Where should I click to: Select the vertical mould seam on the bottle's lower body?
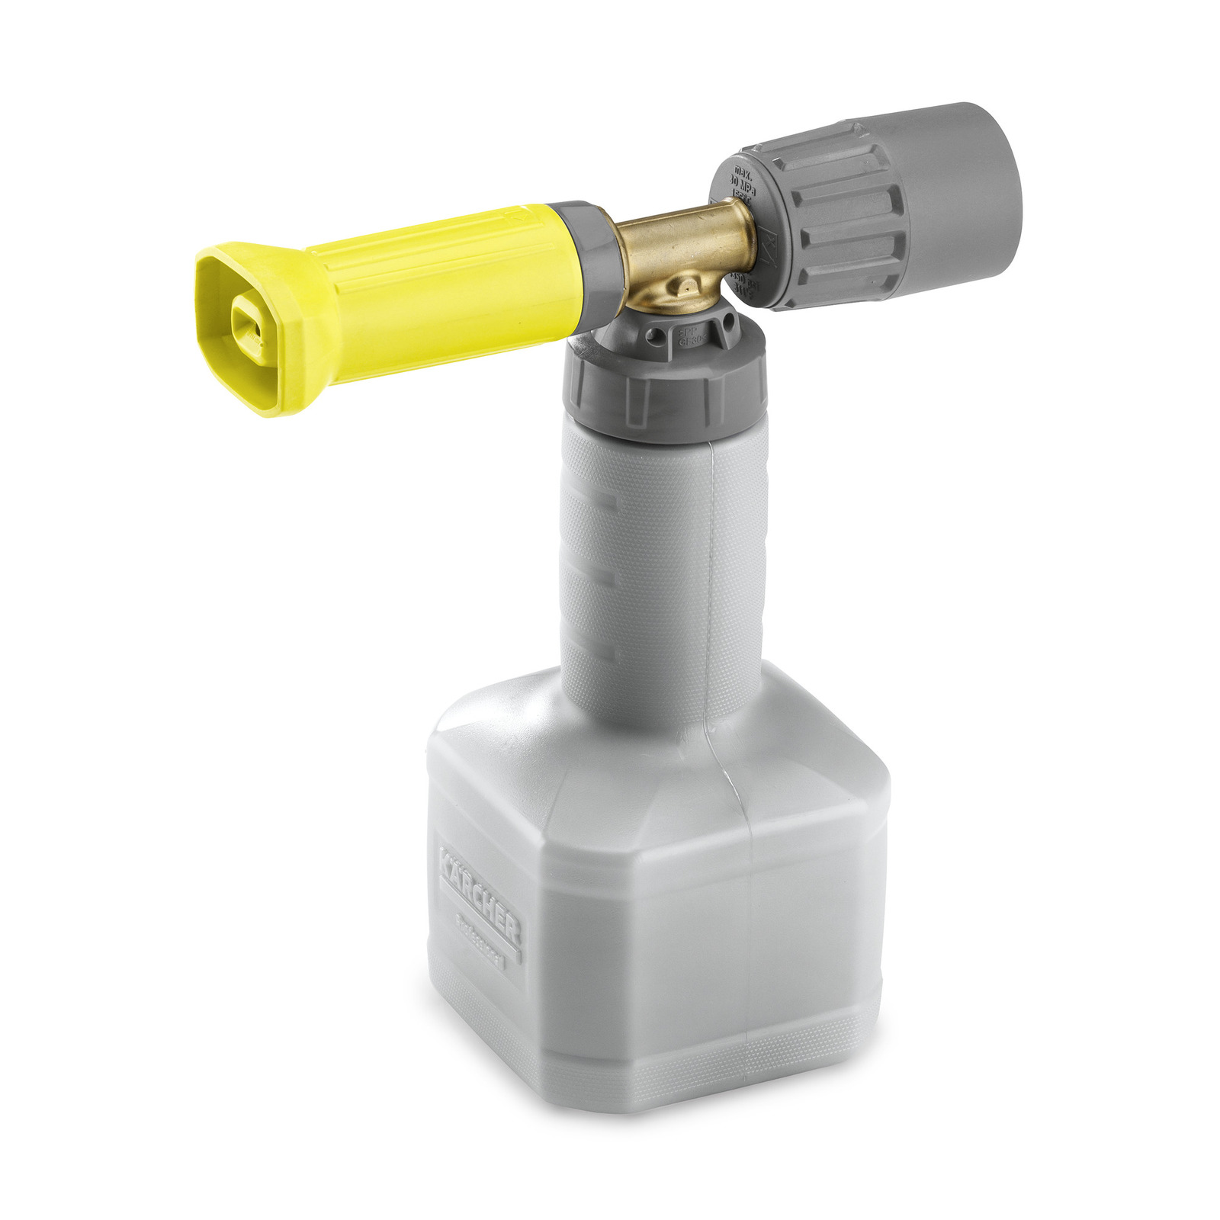point(751,915)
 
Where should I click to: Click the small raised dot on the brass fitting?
point(687,286)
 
